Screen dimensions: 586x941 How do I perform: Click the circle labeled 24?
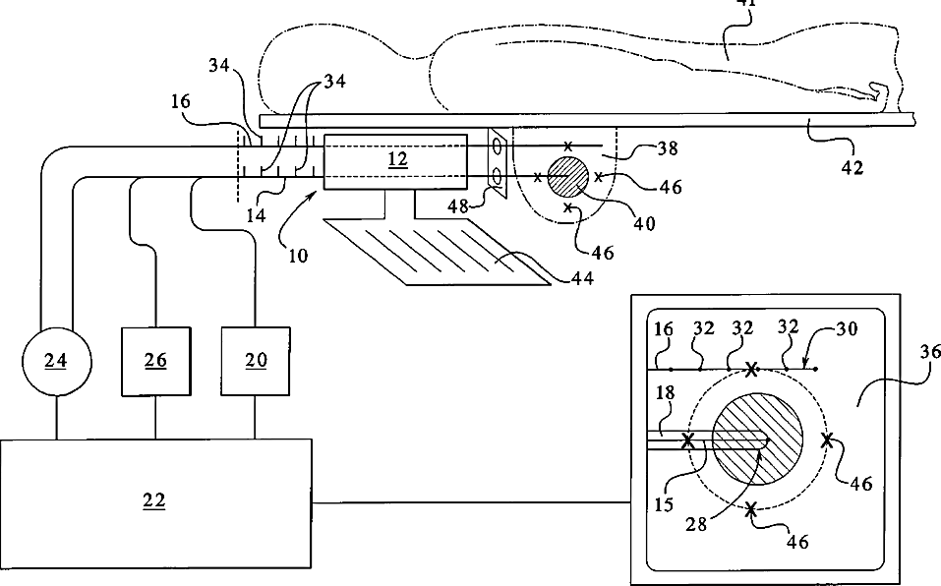coord(55,361)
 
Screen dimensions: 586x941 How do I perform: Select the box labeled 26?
coord(155,361)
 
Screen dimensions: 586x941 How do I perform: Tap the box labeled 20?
coord(256,361)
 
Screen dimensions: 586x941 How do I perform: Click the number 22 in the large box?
coord(153,500)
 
